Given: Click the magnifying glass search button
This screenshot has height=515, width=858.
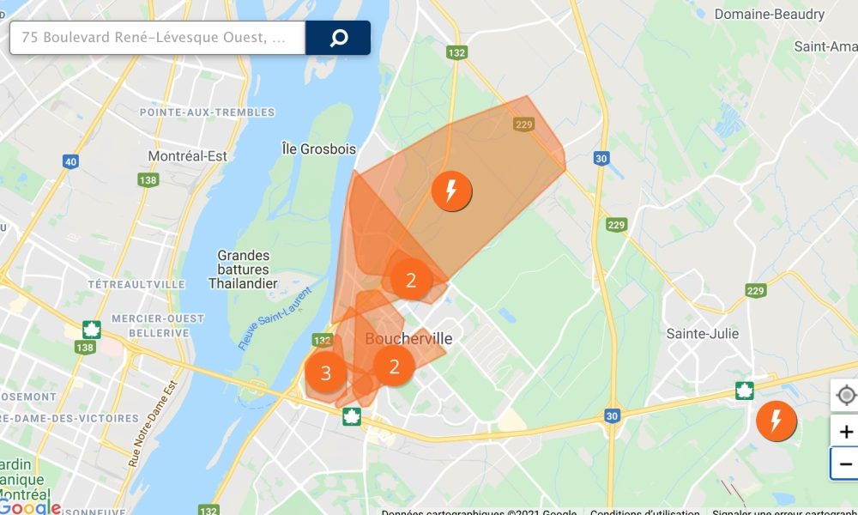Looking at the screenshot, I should [x=338, y=38].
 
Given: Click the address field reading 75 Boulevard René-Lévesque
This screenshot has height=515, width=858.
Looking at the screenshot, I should [x=158, y=38].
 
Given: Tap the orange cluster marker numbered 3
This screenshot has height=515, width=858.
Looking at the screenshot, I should [x=325, y=373].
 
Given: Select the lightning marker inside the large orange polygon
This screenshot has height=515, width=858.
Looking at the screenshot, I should [x=451, y=191].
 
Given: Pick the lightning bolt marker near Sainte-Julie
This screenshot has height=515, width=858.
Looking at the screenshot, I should [x=776, y=421].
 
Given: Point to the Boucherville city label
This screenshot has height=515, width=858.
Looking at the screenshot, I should [x=408, y=339].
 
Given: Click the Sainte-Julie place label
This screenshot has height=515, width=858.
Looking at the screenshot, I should [x=703, y=334].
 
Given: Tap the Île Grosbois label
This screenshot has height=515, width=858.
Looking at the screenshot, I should [x=318, y=149].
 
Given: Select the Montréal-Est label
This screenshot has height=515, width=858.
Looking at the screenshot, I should [x=188, y=156].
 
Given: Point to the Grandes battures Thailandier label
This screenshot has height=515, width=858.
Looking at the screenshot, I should [x=243, y=270].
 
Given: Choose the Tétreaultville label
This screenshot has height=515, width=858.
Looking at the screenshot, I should [x=136, y=284].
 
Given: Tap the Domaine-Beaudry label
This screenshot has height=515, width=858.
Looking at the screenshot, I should [x=770, y=15].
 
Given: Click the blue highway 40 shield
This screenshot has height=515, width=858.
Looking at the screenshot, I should [x=70, y=161].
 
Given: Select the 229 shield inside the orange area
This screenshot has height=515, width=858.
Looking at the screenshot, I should [x=524, y=125].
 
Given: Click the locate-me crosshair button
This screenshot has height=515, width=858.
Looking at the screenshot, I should [x=846, y=396].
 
